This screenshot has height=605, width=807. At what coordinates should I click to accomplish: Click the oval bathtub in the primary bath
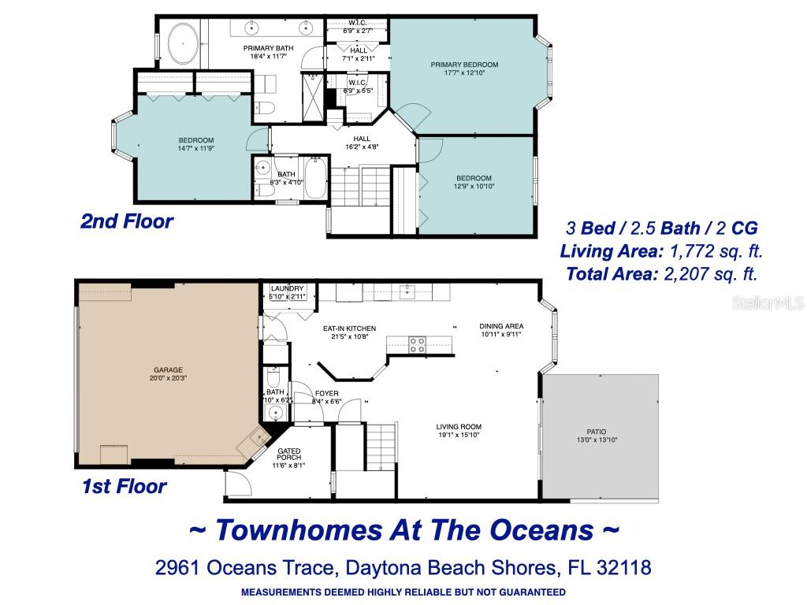pos(183,43)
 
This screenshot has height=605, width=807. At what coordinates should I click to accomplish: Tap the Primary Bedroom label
pos(464,69)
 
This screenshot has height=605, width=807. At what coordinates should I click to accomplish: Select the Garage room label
pos(169,373)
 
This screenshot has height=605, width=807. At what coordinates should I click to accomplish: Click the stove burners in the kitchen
pos(417,345)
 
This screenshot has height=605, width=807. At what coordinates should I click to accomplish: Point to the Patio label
pos(597,436)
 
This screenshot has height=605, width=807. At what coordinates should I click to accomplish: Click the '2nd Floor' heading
pos(127,221)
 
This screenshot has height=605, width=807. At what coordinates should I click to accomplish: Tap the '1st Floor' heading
pos(124,486)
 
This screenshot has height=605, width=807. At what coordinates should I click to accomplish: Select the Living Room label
pos(459,431)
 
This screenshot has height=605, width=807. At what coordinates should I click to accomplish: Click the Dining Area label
pos(501,330)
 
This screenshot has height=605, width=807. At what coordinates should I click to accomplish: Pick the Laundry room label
pos(287,292)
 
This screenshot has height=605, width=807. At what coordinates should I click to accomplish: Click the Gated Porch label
pos(288,458)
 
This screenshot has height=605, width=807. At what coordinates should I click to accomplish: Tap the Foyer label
pos(327,397)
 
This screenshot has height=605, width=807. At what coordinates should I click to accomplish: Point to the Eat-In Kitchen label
pos(349,332)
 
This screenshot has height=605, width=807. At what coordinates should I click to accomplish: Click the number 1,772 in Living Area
pos(692,251)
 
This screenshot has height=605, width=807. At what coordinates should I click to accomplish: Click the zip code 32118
pos(624,567)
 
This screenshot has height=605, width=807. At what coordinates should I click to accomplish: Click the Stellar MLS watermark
pos(768,302)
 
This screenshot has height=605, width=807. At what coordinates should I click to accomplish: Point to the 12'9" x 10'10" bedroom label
pos(474,182)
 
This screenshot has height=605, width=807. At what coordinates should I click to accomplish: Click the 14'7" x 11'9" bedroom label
pos(196,144)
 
